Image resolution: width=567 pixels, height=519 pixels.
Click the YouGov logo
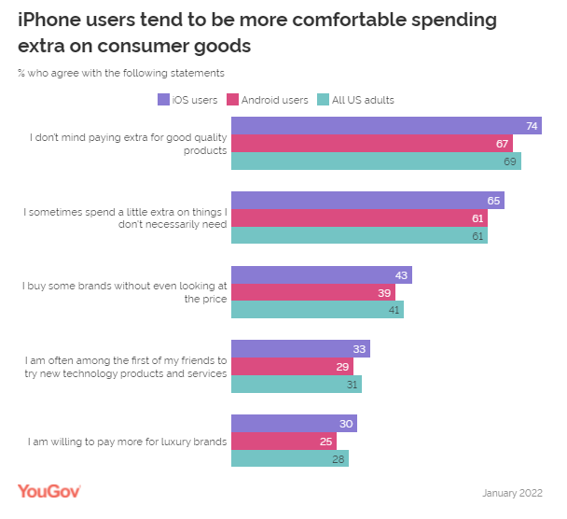(x=49, y=491)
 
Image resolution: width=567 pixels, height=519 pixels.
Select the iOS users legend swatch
(x=163, y=99)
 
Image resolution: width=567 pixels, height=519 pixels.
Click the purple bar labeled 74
(x=386, y=126)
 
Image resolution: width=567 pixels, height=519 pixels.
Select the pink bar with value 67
(x=371, y=143)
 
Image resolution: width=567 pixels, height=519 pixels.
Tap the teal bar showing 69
(x=376, y=161)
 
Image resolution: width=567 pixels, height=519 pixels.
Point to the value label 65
(x=494, y=201)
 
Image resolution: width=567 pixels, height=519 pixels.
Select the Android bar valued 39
(x=312, y=292)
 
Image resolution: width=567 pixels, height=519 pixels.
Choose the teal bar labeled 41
(x=317, y=309)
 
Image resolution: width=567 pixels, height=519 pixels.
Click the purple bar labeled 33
(x=300, y=349)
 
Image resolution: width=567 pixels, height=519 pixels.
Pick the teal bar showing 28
(x=289, y=458)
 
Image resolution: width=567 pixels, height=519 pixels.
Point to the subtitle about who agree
(x=121, y=72)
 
